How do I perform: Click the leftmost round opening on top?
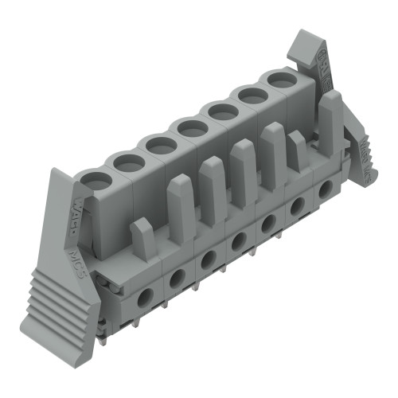click(96, 181)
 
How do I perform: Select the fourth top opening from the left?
click(193, 127)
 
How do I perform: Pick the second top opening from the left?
click(128, 163)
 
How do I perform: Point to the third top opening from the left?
click(161, 145)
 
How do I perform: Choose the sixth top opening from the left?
click(254, 95)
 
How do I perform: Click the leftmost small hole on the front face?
click(145, 298)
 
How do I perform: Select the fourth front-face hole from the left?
click(237, 240)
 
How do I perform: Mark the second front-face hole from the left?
click(177, 276)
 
